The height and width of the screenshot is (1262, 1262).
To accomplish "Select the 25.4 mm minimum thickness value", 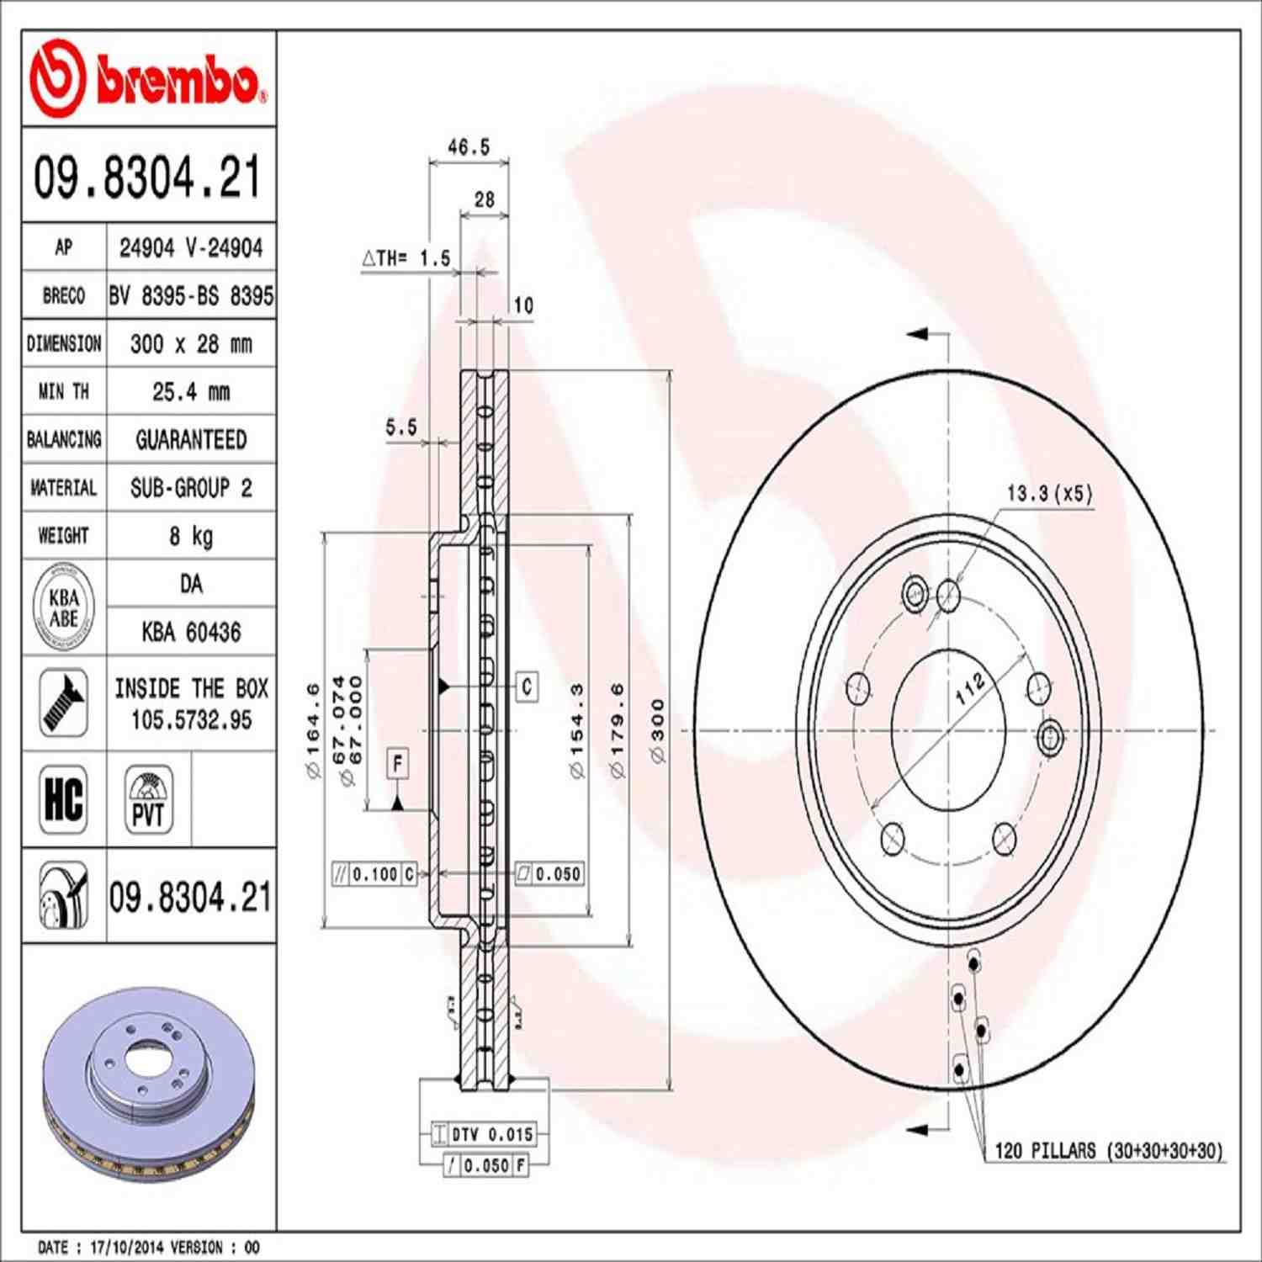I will (x=191, y=391).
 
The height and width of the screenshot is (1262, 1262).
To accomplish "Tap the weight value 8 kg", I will (x=191, y=536).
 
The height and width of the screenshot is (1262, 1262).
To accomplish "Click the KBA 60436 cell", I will (x=191, y=632).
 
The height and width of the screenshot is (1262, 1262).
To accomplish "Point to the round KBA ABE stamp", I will (x=64, y=607).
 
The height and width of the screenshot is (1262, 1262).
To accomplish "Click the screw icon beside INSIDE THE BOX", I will (x=64, y=703).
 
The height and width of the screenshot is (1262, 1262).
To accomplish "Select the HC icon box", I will (x=64, y=798).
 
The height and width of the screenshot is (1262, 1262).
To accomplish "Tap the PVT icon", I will (x=149, y=799).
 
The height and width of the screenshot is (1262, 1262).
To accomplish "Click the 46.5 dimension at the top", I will (x=468, y=147).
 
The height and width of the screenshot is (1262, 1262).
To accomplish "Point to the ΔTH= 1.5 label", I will (x=406, y=258).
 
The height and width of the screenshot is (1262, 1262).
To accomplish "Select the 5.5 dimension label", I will (x=401, y=427).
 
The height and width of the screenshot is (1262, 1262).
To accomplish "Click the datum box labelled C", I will (x=527, y=687).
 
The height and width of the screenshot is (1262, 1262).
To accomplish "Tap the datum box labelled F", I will (x=398, y=763).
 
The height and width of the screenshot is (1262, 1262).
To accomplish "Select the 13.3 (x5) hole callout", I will (x=1049, y=493).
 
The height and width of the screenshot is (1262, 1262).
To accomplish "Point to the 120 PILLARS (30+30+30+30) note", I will (x=1108, y=1150).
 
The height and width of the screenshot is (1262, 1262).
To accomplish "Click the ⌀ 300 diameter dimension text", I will (x=657, y=730).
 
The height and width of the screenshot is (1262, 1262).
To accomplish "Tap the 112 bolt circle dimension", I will (x=969, y=688).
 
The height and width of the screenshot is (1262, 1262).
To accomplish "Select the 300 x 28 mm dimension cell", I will (x=191, y=343).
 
